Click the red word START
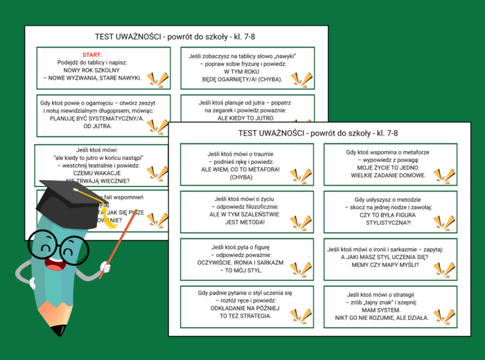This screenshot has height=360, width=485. click(x=92, y=54)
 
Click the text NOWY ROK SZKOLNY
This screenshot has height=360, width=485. click(x=92, y=70)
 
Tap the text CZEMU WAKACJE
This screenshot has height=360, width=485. click(x=91, y=174)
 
